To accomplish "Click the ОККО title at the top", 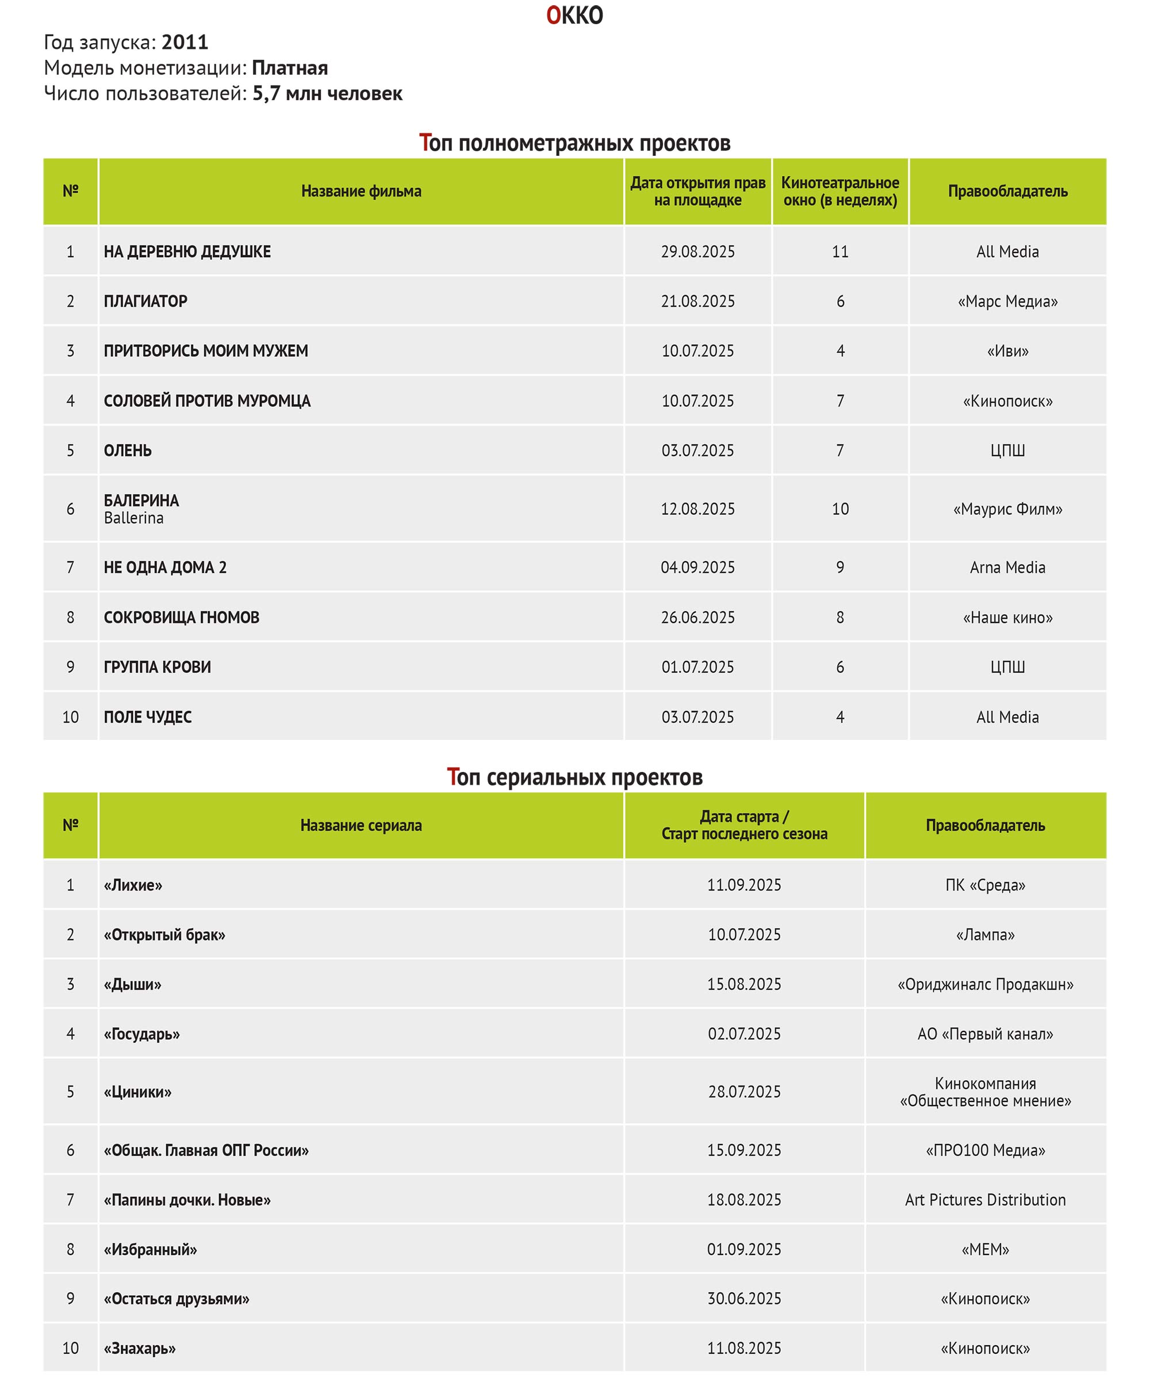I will coord(574,15).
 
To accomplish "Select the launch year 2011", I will coord(185,42).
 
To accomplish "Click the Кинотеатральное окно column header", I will coord(839,191).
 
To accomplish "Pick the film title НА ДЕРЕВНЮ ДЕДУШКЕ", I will coord(187,251).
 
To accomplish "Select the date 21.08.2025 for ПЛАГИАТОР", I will coord(697,301).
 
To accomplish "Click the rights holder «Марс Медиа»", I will coord(1007,301).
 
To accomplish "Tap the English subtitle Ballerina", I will coord(133,518).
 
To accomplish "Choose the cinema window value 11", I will coord(839,251).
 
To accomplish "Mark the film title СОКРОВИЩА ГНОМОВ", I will coord(181,617).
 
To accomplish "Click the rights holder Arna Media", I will coord(1007,567).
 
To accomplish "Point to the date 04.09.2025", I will coord(697,567).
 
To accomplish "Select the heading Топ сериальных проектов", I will coord(574,777).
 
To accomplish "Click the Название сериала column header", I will coord(361,825).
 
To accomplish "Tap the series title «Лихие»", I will coord(133,885).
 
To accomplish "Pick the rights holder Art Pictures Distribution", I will coord(984,1200).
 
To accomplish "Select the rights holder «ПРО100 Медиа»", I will coord(984,1150).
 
